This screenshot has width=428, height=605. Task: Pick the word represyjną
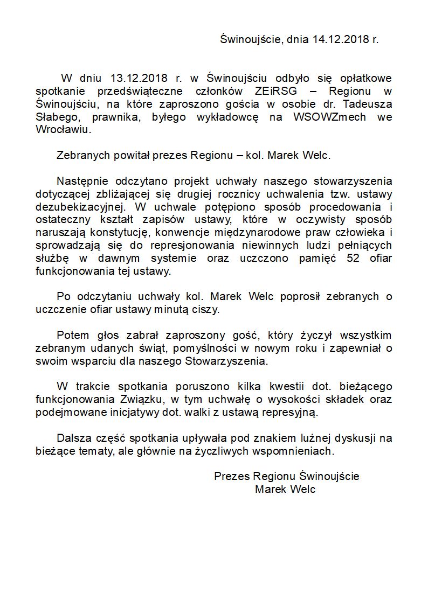(x=293, y=413)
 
